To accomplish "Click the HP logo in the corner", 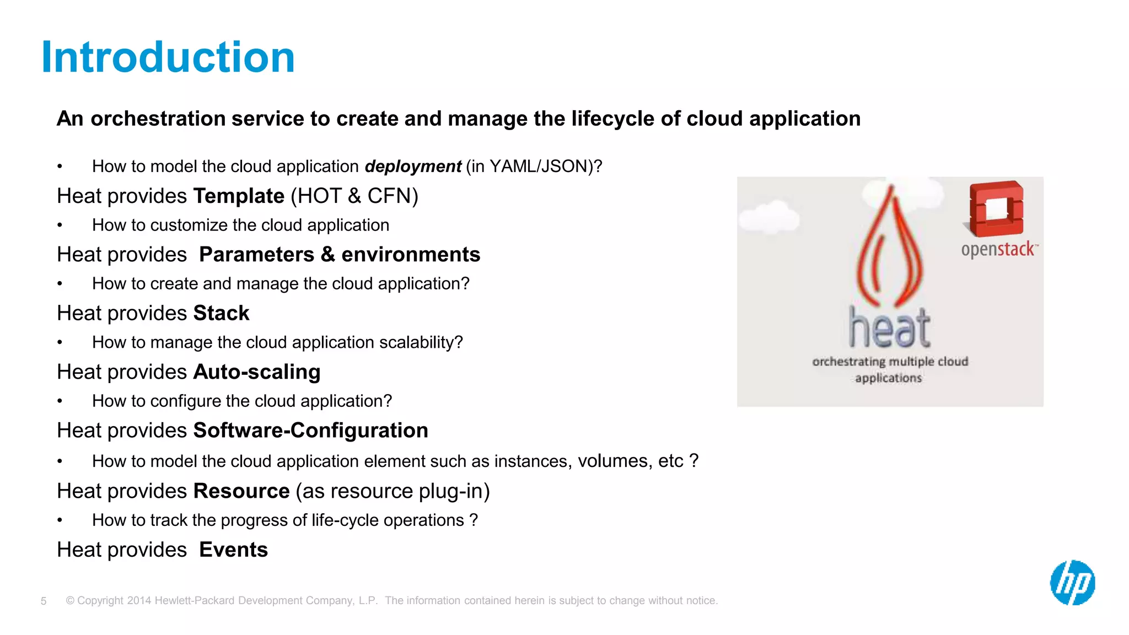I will [x=1072, y=583].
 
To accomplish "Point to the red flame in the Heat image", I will [x=889, y=248].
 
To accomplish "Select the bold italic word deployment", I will [x=413, y=166].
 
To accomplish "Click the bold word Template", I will [x=239, y=196].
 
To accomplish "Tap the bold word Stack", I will [x=221, y=313].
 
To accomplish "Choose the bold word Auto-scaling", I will [x=257, y=372].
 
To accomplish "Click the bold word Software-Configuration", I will [x=310, y=430].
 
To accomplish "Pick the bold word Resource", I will [x=241, y=491].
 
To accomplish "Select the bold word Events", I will [x=233, y=550].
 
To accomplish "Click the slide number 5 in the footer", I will [x=44, y=601].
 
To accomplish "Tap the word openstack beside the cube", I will [x=998, y=250].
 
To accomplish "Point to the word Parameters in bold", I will [x=256, y=255].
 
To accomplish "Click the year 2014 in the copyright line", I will [x=139, y=601].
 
